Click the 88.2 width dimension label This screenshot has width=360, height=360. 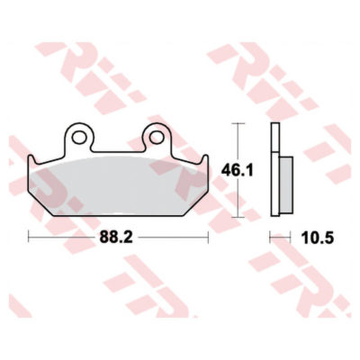[116, 238]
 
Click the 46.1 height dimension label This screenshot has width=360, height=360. [238, 171]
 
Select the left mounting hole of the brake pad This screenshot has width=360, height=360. [78, 138]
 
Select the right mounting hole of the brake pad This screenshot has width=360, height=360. [157, 138]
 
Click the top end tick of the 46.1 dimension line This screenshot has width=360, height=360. [238, 123]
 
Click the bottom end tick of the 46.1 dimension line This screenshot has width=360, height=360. [238, 217]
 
